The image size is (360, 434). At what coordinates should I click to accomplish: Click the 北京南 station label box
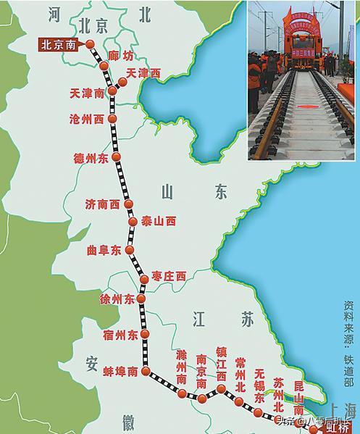click(59, 44)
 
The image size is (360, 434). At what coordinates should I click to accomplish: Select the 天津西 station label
click(143, 73)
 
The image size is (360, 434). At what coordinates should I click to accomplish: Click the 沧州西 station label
click(87, 118)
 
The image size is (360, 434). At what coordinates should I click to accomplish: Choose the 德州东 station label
click(91, 157)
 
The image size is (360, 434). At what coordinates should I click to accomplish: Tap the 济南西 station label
click(102, 204)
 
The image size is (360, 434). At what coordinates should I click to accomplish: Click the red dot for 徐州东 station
click(142, 299)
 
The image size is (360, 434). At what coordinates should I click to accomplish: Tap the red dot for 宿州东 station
click(146, 334)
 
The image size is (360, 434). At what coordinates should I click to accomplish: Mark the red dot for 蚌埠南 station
click(146, 372)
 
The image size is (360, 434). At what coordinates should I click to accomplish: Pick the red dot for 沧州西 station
click(111, 118)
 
